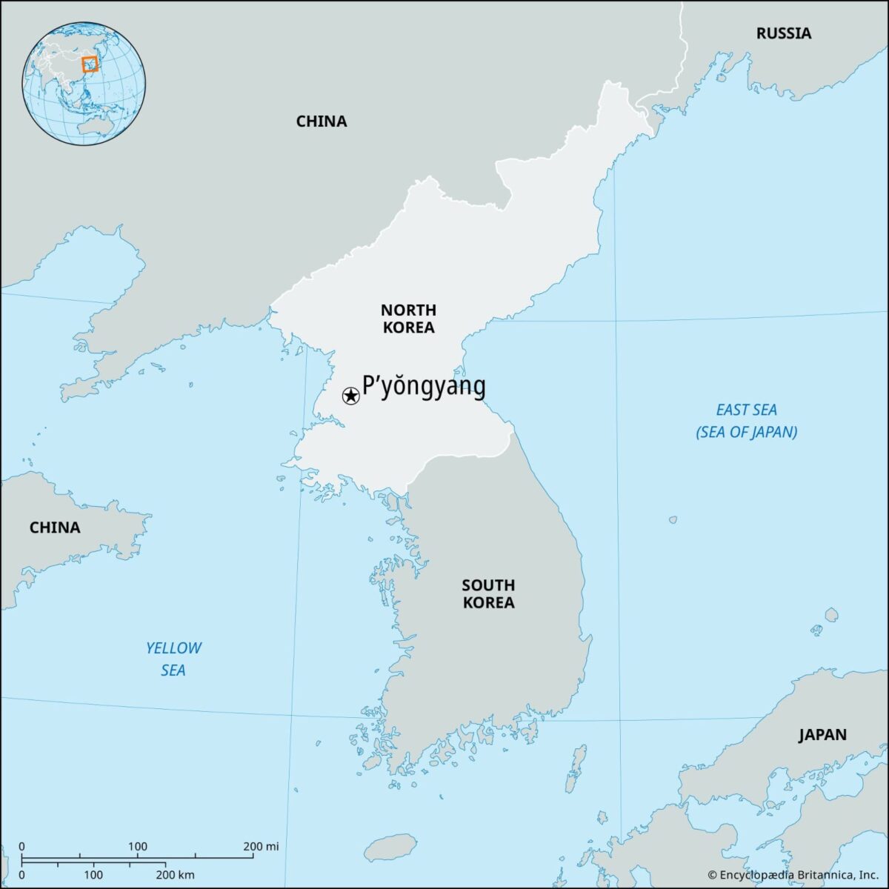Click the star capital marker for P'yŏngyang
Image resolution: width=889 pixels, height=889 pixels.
coord(350,396)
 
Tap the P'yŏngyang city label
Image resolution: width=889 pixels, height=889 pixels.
coord(424,386)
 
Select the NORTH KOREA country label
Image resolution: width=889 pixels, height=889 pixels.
coord(408,319)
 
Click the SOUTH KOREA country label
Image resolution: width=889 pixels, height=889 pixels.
coord(488,594)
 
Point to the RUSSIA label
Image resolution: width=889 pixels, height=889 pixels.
coord(783,33)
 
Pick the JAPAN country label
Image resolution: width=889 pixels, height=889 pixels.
coord(822,735)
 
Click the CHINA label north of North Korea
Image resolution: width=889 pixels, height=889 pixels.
coord(322,121)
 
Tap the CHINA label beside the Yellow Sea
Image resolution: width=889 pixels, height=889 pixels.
coord(55,527)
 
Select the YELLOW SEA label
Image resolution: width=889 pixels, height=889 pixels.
coord(173,659)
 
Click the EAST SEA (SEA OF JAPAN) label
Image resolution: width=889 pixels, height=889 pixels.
coord(746,421)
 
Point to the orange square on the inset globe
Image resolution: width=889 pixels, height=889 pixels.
coord(90,64)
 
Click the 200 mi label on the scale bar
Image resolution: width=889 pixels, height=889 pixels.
coord(261,847)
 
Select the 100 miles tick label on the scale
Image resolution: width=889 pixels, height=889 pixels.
coord(138,847)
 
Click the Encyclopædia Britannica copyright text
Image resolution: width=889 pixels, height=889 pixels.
coord(793,875)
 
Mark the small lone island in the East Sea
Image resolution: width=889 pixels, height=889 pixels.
coord(672,519)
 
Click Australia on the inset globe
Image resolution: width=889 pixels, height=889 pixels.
coord(93,127)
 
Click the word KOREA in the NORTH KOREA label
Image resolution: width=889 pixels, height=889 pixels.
coord(408,327)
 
